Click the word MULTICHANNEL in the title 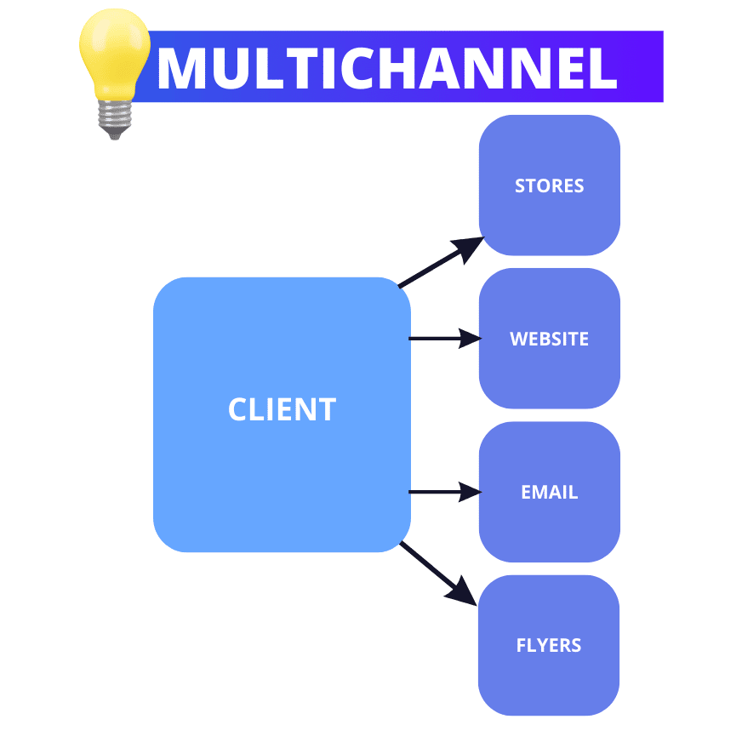click(387, 68)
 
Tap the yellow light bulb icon click(115, 73)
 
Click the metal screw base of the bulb click(115, 119)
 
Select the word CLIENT click(282, 408)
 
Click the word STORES click(550, 186)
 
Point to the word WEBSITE click(550, 339)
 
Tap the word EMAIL click(550, 492)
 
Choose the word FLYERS click(549, 646)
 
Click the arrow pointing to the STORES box click(441, 262)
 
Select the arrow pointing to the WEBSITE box click(445, 339)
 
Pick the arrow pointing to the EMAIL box click(445, 492)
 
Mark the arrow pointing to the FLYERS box click(438, 574)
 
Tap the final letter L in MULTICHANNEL click(604, 68)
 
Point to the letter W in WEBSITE click(519, 339)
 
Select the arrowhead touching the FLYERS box click(462, 592)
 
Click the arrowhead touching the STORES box click(468, 248)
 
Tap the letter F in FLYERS click(521, 646)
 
